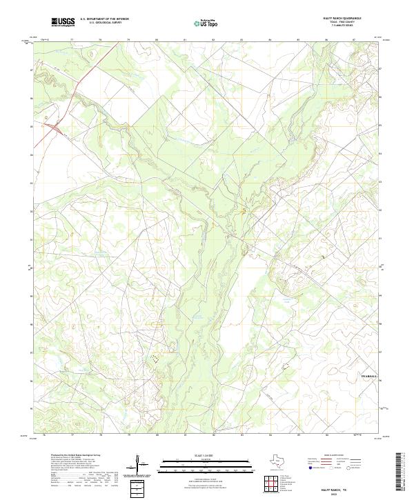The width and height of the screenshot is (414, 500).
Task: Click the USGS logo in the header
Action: [x=63, y=22]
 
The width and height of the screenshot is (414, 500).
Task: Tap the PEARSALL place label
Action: [x=370, y=376]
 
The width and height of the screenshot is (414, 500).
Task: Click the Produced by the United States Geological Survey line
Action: [x=75, y=457]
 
